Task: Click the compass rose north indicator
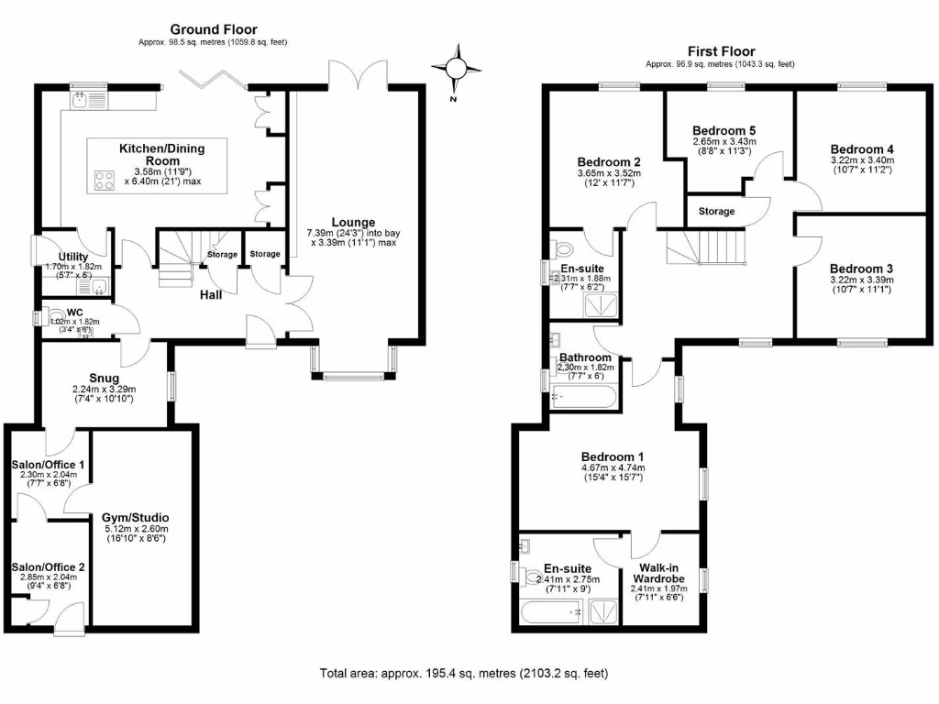tap(455, 70)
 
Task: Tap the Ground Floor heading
tap(214, 30)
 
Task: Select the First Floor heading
tap(721, 51)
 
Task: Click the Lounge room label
tap(353, 222)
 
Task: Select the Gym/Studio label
tap(135, 517)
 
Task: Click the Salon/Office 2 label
tap(48, 567)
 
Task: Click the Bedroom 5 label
tap(724, 129)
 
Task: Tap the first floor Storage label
tap(716, 211)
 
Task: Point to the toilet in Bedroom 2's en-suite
tap(563, 248)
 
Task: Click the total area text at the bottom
tap(463, 673)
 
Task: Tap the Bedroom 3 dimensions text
tap(860, 285)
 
